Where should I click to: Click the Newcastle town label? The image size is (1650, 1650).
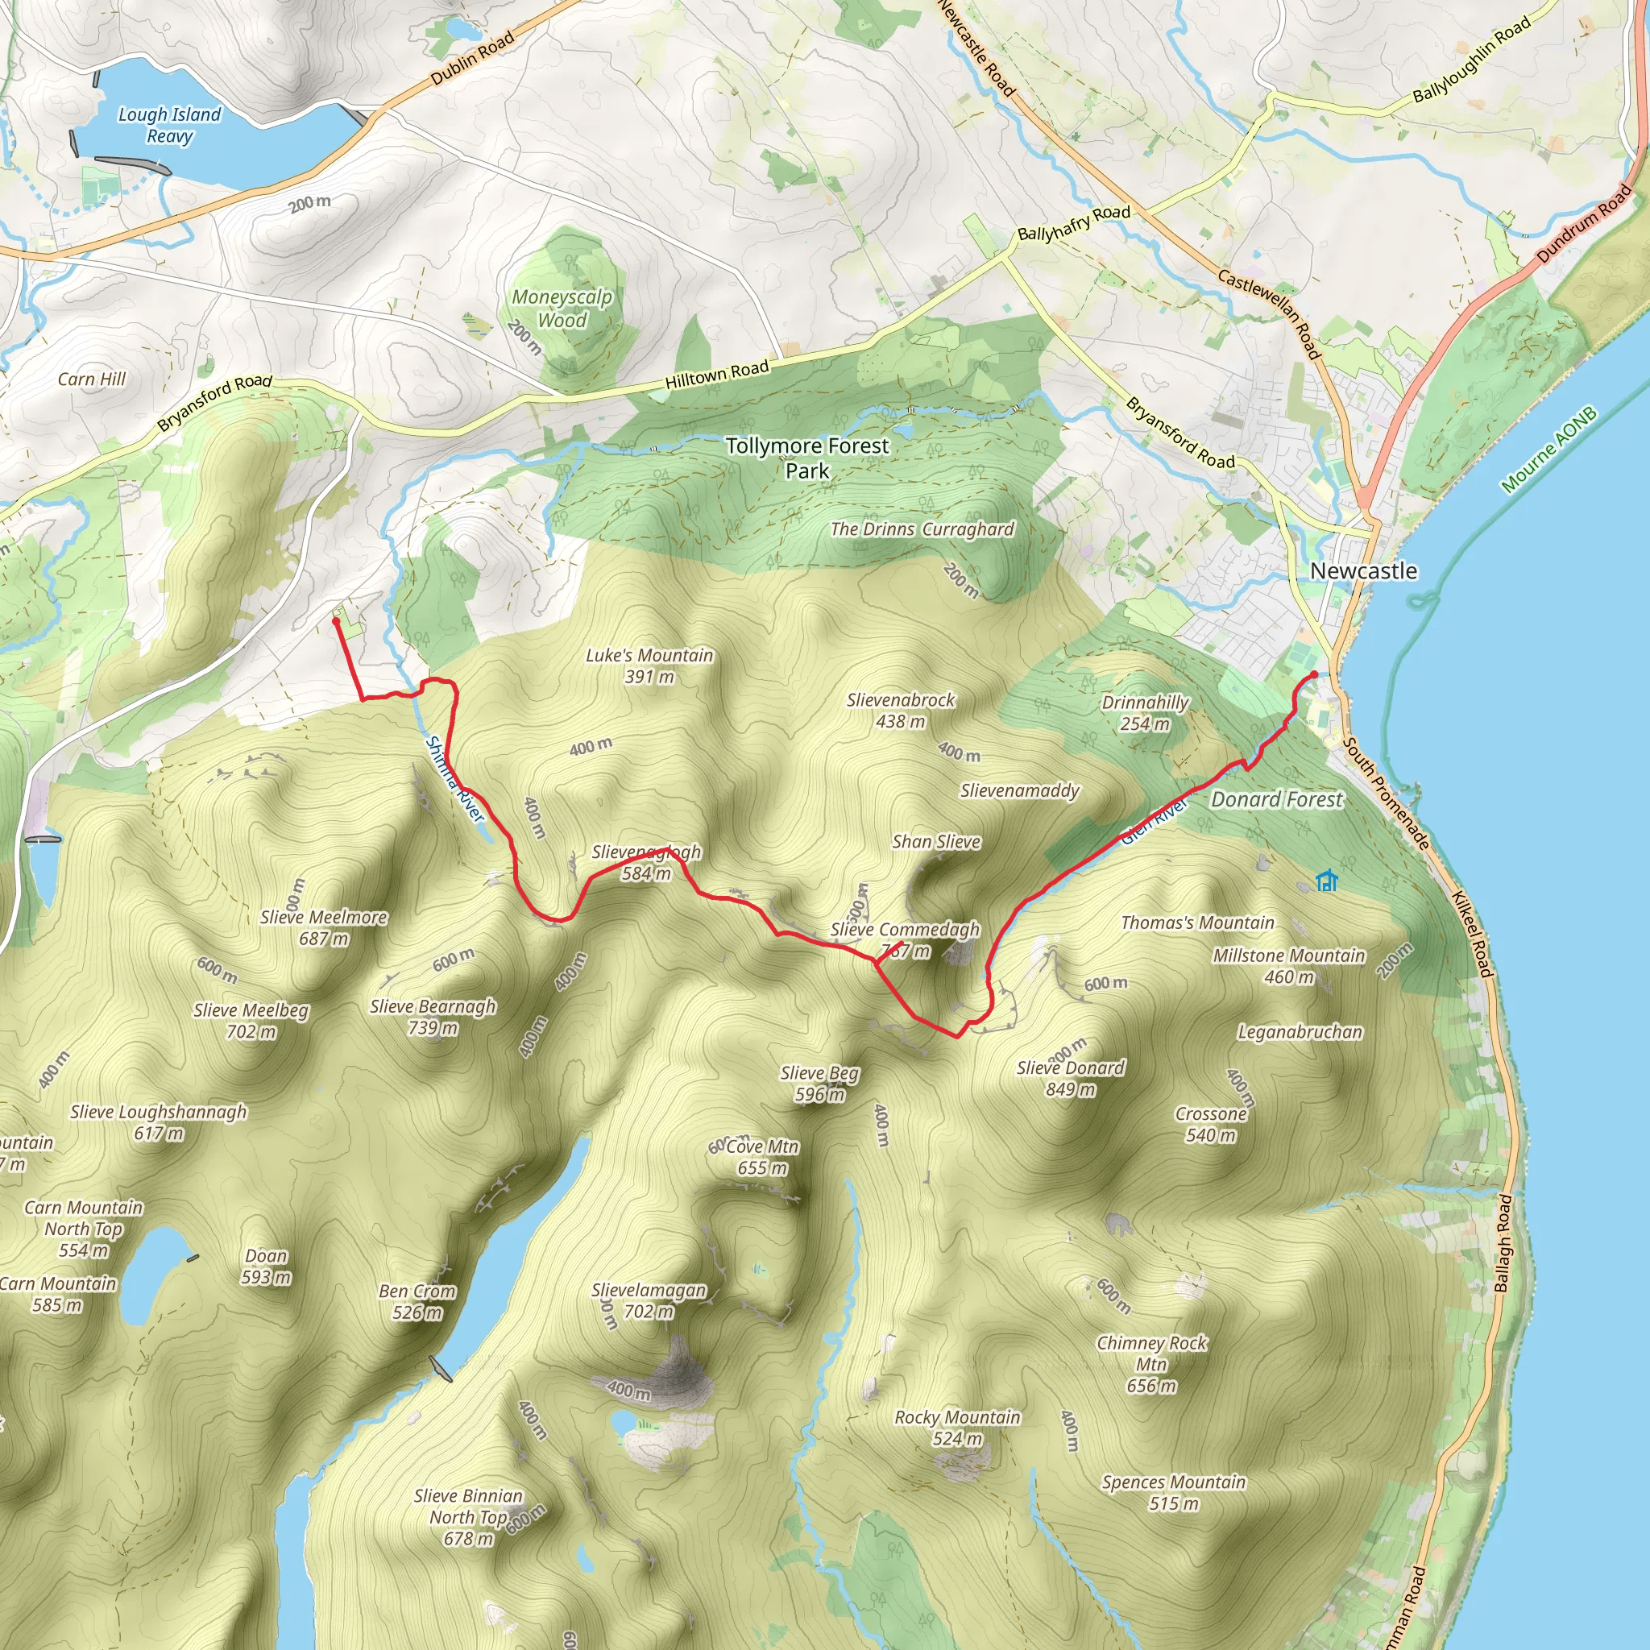(1363, 570)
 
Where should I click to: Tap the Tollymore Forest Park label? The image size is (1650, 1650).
(807, 458)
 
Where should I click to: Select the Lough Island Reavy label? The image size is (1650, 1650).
(169, 125)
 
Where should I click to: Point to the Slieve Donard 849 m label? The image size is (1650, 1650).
(1070, 1078)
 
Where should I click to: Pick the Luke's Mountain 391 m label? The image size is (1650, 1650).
(649, 665)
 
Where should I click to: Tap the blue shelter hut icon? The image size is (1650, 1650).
(1326, 881)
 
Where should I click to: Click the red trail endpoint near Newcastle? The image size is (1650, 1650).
(1313, 675)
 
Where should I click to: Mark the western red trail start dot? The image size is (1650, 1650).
(336, 622)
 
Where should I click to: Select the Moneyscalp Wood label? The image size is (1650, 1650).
(562, 309)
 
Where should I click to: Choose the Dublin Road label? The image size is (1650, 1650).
(472, 57)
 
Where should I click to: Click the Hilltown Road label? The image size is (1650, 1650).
(717, 374)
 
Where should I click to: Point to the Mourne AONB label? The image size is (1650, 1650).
(1549, 450)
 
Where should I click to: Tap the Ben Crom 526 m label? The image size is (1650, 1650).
(417, 1302)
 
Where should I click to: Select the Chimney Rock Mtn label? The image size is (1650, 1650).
(1151, 1364)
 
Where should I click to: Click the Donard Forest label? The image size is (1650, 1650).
(1277, 799)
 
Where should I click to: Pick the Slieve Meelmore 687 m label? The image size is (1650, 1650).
(324, 927)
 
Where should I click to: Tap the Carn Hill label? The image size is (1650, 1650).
(91, 379)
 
